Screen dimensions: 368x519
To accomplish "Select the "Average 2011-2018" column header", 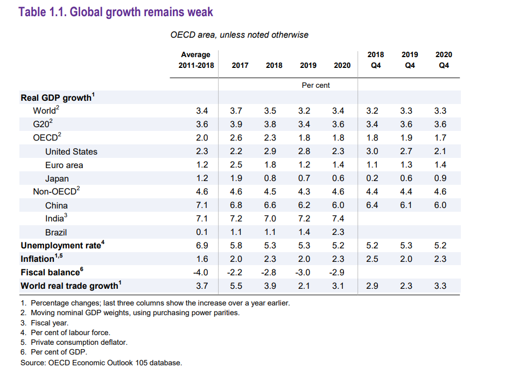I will tap(196, 60).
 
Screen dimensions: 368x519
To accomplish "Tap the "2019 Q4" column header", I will tap(410, 60).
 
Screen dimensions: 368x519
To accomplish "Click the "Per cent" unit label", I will tap(315, 85).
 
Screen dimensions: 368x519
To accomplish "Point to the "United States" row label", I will tap(71, 151).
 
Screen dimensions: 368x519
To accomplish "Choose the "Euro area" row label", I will tap(64, 165).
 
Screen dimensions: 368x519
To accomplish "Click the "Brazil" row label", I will tap(56, 232).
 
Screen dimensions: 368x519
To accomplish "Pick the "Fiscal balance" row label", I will tap(52, 272).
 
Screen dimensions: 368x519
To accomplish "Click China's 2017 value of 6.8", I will tap(236, 205).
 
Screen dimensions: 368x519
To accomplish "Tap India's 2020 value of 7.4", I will tap(338, 219).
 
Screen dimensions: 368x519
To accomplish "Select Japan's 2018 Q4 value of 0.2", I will tap(372, 178).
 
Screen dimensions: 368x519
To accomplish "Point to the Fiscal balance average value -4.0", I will tap(201, 272).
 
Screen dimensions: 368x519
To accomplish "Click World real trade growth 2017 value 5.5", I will tap(236, 286).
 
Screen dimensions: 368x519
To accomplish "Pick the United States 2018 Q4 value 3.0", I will tap(372, 151).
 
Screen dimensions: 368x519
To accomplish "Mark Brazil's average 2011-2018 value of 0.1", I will tap(202, 232).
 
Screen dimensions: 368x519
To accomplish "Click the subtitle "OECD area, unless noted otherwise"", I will tap(239, 35).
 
